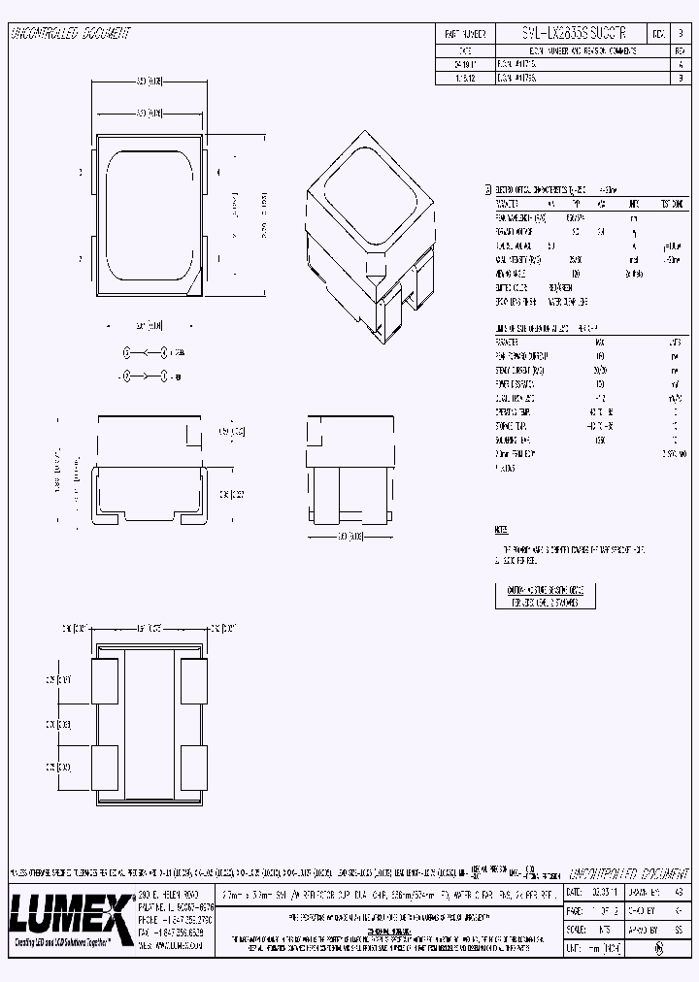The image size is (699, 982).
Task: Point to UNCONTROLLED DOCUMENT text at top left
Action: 69,34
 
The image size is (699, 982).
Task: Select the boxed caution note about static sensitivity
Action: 544,595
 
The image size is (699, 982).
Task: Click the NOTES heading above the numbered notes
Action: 501,530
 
